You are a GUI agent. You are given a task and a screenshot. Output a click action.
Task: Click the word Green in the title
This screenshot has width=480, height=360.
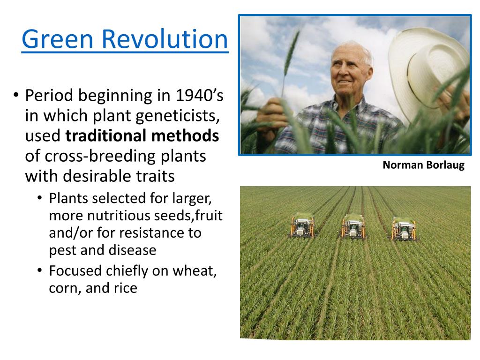[x=57, y=39]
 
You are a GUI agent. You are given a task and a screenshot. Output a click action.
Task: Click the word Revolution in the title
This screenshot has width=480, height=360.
[x=165, y=39]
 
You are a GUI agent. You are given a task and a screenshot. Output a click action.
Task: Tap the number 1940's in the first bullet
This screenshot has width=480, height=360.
[x=199, y=95]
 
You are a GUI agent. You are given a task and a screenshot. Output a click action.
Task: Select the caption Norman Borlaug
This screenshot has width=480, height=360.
[x=423, y=165]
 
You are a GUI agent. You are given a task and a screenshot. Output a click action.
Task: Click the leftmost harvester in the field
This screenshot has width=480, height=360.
[x=302, y=226]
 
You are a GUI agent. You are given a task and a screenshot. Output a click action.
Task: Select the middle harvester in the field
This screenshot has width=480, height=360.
[x=353, y=226]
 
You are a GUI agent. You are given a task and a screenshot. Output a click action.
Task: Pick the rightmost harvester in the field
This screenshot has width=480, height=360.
[x=404, y=228]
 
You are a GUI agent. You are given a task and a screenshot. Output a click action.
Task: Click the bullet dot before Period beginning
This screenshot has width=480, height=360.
[x=16, y=95]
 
